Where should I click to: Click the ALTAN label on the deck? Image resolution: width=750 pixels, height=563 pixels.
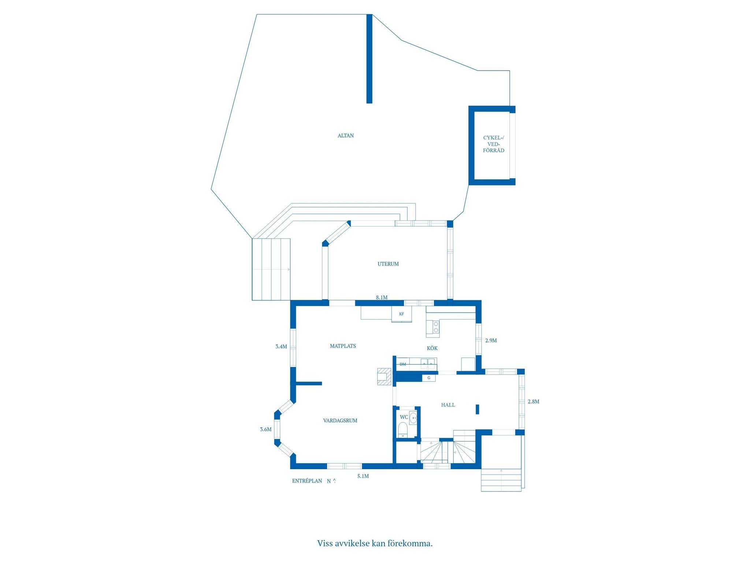(x=345, y=136)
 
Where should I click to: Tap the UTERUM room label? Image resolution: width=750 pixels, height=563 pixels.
(x=388, y=264)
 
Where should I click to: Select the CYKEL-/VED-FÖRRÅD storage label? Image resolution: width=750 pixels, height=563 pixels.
(x=494, y=144)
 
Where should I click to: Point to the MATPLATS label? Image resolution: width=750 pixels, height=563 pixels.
(x=343, y=346)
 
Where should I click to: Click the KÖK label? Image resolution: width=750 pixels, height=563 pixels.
(x=432, y=348)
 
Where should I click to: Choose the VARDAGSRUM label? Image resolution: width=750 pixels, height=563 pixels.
(x=340, y=421)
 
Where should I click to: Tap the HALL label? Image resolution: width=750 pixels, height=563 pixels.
(x=448, y=405)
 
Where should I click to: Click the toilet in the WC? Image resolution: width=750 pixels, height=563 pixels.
(x=403, y=430)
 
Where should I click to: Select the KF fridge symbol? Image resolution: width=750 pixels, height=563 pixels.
(x=402, y=314)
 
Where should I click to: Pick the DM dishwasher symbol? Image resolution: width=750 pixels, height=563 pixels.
(x=403, y=364)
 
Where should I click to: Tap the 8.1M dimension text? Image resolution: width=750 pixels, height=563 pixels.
(x=382, y=298)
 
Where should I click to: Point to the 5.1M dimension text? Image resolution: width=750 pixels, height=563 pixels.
(x=363, y=476)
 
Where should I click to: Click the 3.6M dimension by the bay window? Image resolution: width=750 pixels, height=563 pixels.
(x=266, y=430)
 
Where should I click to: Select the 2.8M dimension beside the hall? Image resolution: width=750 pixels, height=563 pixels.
(x=534, y=402)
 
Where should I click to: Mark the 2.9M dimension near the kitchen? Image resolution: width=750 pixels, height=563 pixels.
(x=491, y=341)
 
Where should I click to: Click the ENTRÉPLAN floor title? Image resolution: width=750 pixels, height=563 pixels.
(x=307, y=481)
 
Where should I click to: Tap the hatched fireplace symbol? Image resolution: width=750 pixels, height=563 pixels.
(x=385, y=376)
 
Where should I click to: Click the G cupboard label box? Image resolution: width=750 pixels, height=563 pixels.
(x=429, y=378)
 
